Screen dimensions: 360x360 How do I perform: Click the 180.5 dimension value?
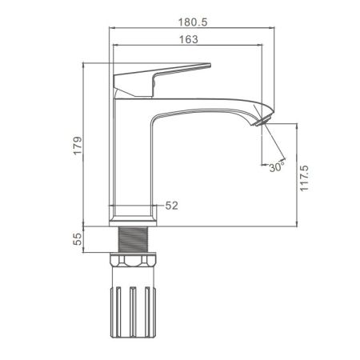(x=193, y=22)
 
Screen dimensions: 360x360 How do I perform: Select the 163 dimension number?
(x=189, y=39)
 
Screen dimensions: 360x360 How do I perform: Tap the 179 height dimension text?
(x=78, y=146)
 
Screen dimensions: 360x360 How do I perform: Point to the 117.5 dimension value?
(x=304, y=178)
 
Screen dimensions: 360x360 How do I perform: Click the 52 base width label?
(x=171, y=206)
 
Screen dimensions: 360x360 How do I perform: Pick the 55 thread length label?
(x=78, y=239)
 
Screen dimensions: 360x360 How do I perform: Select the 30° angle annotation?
(x=277, y=167)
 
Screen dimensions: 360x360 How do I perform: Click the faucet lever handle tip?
(x=210, y=65)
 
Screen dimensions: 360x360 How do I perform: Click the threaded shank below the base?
(x=133, y=239)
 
